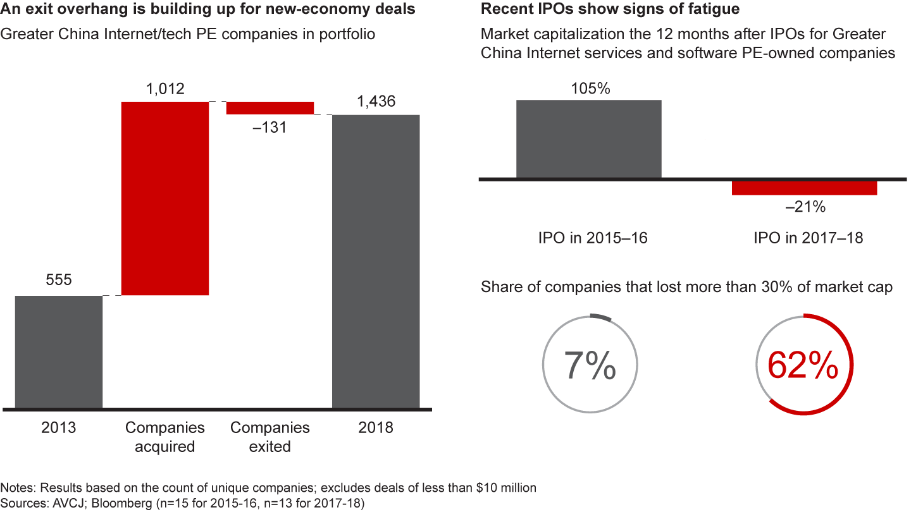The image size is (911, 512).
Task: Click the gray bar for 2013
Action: point(59,351)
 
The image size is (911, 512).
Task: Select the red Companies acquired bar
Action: point(164,198)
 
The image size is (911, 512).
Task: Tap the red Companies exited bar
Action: point(270,108)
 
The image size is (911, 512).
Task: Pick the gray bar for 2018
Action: point(376,261)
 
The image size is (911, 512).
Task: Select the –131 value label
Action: point(270,127)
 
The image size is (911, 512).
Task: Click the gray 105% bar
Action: point(588,139)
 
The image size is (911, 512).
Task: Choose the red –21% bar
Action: point(804,188)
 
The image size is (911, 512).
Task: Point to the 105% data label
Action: point(589,88)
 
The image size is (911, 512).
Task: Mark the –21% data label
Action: point(805,207)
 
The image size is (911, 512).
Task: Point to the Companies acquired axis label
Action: point(164,437)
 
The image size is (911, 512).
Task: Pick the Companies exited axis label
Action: point(270,437)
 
